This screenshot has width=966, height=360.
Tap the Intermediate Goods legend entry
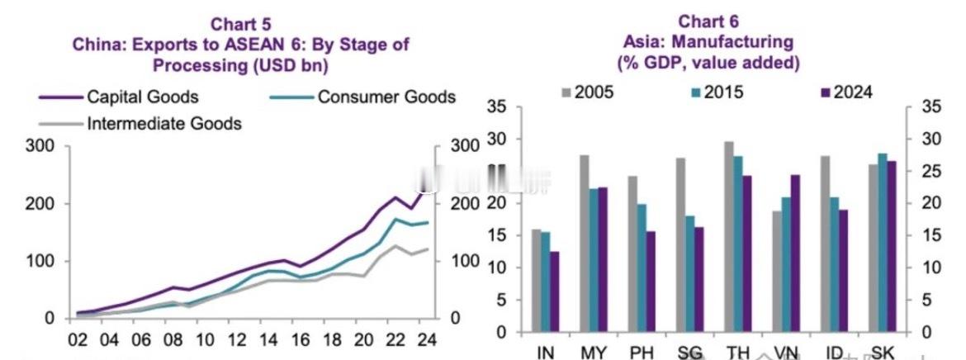(x=163, y=124)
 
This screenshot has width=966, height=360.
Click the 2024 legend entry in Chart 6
(x=853, y=92)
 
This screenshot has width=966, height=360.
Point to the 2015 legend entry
(x=723, y=92)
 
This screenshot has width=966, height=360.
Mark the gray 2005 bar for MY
(x=584, y=244)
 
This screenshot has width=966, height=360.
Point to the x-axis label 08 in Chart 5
(x=174, y=339)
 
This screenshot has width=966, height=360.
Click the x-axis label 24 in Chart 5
(x=425, y=339)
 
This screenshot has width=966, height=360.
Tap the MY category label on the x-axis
(x=594, y=353)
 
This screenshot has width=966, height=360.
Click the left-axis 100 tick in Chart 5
(x=42, y=261)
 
